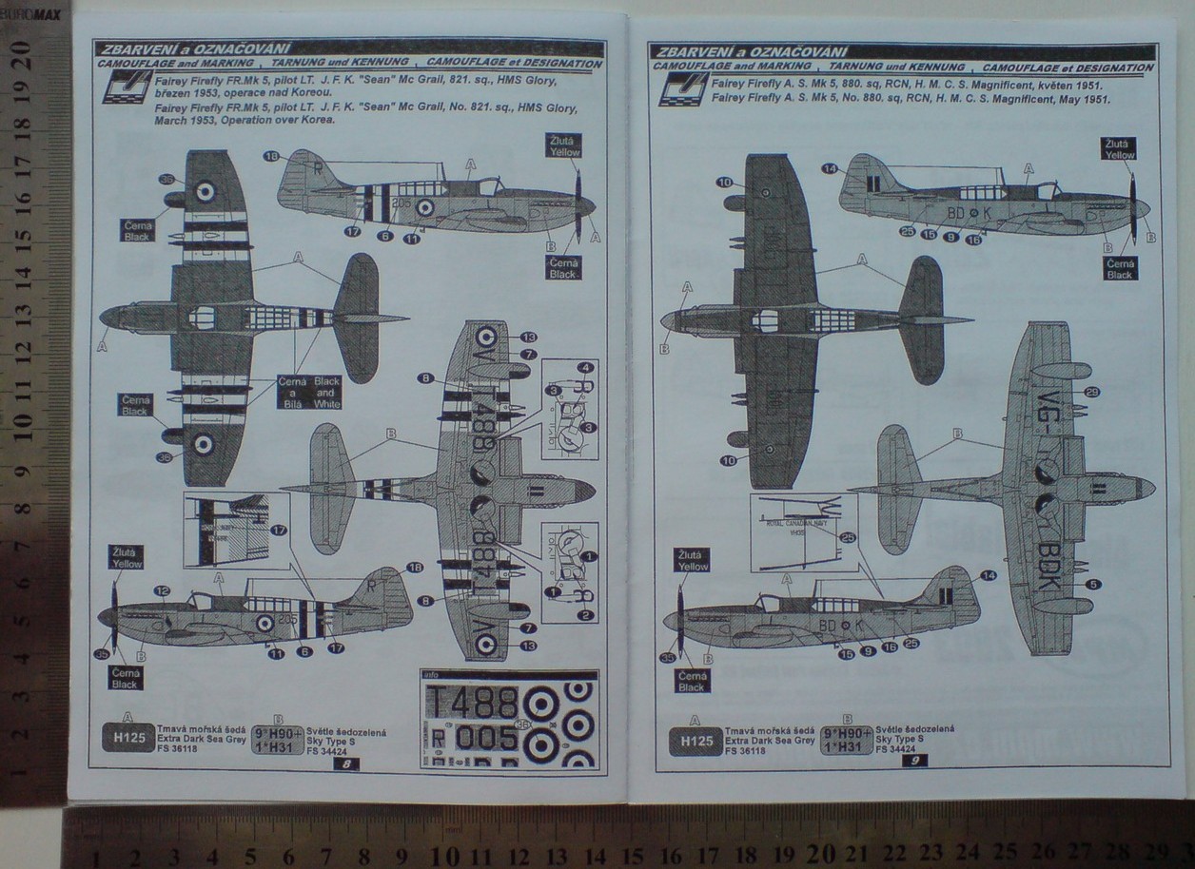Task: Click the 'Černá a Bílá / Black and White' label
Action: pos(309,392)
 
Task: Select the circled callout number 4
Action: pos(586,368)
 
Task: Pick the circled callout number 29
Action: pos(1092,392)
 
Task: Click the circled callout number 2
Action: pos(586,615)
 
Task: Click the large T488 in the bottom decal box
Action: pos(473,703)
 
